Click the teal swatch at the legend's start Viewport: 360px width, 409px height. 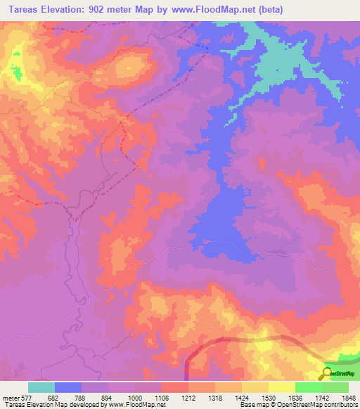click(41, 387)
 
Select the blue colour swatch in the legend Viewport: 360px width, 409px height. click(68, 387)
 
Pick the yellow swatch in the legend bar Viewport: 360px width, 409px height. click(281, 387)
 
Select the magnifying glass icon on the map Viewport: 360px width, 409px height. click(326, 372)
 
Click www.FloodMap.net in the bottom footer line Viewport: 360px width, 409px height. click(131, 405)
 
